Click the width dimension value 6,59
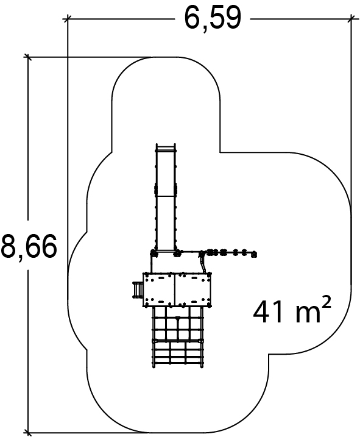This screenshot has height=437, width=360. click(x=213, y=19)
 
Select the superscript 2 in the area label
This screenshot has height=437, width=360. click(x=326, y=302)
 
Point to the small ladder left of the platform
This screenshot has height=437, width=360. click(x=138, y=290)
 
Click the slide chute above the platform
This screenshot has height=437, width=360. click(x=166, y=197)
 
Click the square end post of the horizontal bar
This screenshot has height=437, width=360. click(x=254, y=254)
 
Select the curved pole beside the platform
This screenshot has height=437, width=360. click(x=203, y=263)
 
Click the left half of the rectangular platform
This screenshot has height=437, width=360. click(x=159, y=290)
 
